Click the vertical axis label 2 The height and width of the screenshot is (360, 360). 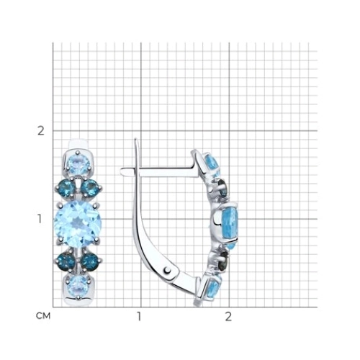(41, 131)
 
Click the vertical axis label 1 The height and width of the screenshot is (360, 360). (40, 219)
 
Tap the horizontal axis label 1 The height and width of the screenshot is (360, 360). (139, 317)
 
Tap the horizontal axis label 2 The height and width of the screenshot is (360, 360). (228, 317)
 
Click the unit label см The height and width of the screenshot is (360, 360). (43, 316)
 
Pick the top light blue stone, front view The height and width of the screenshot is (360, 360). (78, 165)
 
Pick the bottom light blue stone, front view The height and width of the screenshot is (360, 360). (78, 287)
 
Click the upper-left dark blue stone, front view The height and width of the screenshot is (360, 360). (67, 188)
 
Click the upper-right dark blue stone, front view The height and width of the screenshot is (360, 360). (89, 188)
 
